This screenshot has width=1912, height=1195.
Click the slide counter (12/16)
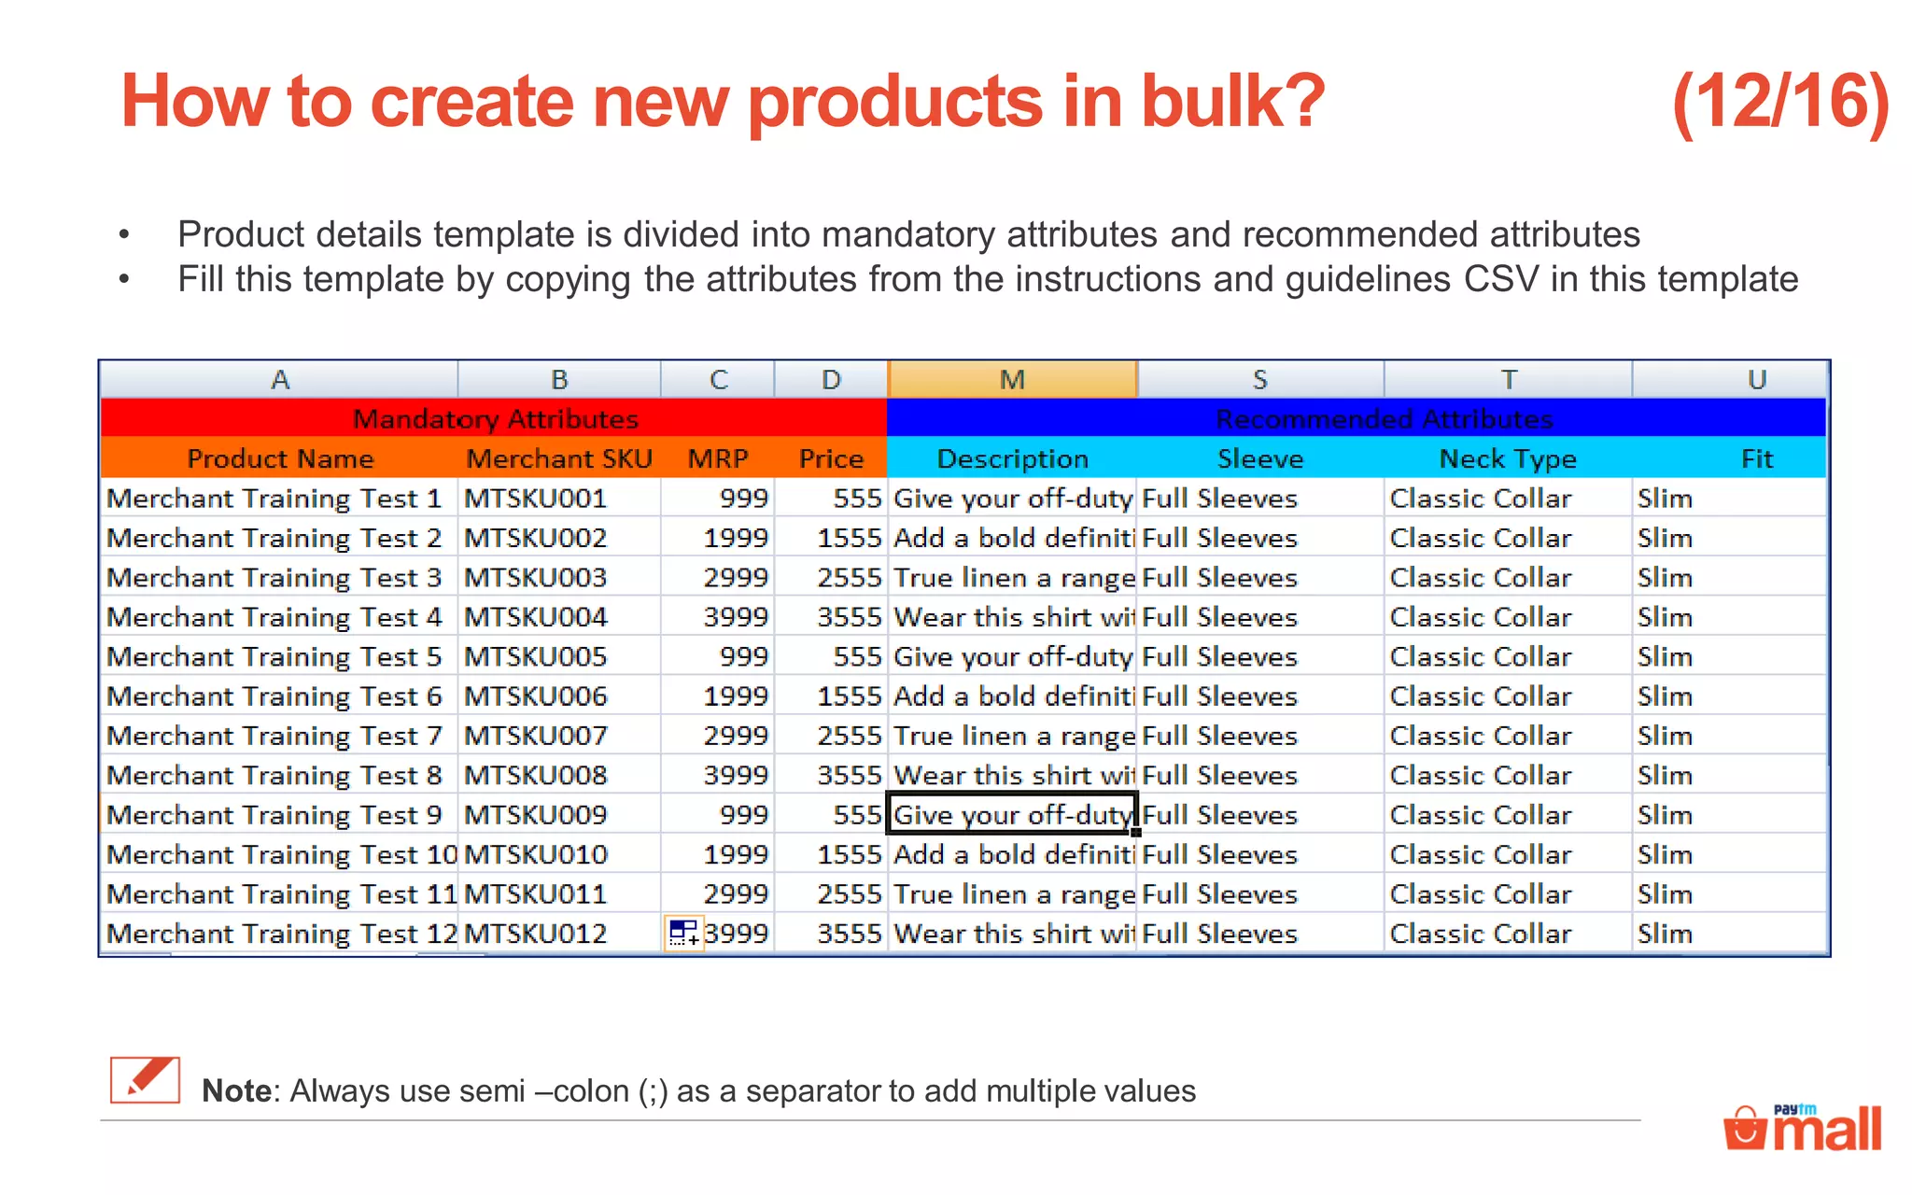(x=1779, y=102)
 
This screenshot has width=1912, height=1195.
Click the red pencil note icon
(x=145, y=1081)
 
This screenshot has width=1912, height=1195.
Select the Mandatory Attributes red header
(x=495, y=419)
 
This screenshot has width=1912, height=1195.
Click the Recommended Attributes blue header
(x=1384, y=419)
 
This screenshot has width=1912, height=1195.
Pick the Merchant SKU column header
(x=558, y=458)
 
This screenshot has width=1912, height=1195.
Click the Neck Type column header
(x=1507, y=458)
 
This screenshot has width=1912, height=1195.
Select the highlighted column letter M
(x=1012, y=380)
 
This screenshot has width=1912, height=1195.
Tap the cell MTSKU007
(x=536, y=736)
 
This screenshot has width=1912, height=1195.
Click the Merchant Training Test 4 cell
(x=274, y=617)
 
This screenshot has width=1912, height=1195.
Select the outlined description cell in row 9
(x=1011, y=815)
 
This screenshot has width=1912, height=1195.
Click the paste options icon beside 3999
(x=683, y=933)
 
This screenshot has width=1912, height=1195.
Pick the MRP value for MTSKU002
(x=736, y=538)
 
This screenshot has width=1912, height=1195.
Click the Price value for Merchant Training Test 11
(x=849, y=894)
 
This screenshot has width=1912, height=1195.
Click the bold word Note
(x=235, y=1090)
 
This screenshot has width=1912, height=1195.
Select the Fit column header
(x=1756, y=458)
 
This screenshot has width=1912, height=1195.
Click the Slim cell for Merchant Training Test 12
(x=1665, y=934)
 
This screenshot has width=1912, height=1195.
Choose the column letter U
(x=1756, y=380)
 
